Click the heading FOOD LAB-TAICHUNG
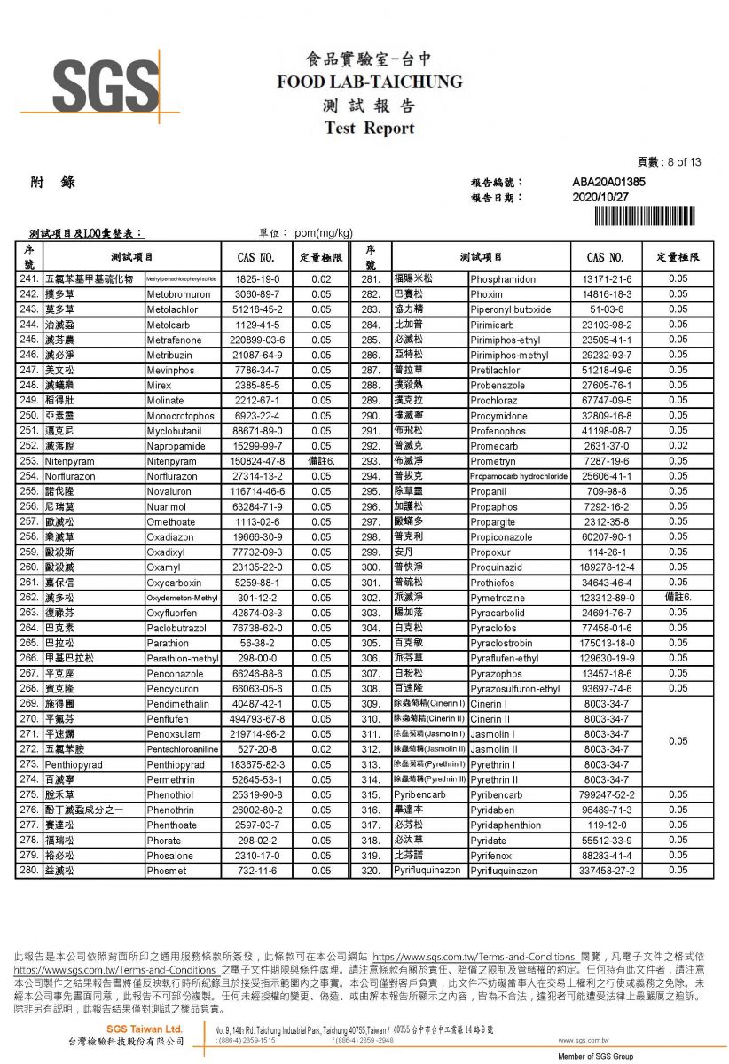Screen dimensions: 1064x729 pyautogui.click(x=370, y=82)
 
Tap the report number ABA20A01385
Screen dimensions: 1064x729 pyautogui.click(x=608, y=182)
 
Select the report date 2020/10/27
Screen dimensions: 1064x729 pyautogui.click(x=600, y=197)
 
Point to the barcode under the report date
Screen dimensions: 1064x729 pyautogui.click(x=649, y=215)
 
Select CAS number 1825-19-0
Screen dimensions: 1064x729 pyautogui.click(x=257, y=279)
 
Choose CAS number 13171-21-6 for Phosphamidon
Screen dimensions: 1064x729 pyautogui.click(x=607, y=279)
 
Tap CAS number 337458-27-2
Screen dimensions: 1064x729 pyautogui.click(x=607, y=871)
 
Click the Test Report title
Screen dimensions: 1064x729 pyautogui.click(x=370, y=129)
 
